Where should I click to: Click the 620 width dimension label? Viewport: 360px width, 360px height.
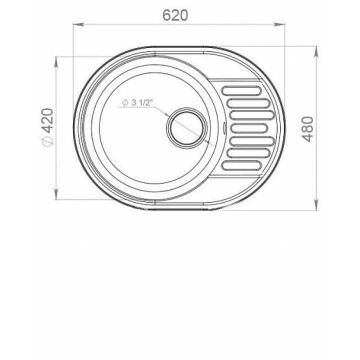(x=175, y=16)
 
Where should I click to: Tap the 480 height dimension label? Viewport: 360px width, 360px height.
(x=307, y=129)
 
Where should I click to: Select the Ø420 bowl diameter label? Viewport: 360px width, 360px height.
(x=48, y=127)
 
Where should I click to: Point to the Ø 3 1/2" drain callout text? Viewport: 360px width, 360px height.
(x=137, y=102)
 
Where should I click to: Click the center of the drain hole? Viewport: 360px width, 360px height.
(x=187, y=127)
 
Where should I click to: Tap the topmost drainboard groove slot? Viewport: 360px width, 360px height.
(x=241, y=90)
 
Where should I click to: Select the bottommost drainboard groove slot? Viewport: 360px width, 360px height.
(x=241, y=165)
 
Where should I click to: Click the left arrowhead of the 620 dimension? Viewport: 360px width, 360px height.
(x=78, y=24)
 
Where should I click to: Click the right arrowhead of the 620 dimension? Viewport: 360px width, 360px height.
(x=279, y=24)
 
